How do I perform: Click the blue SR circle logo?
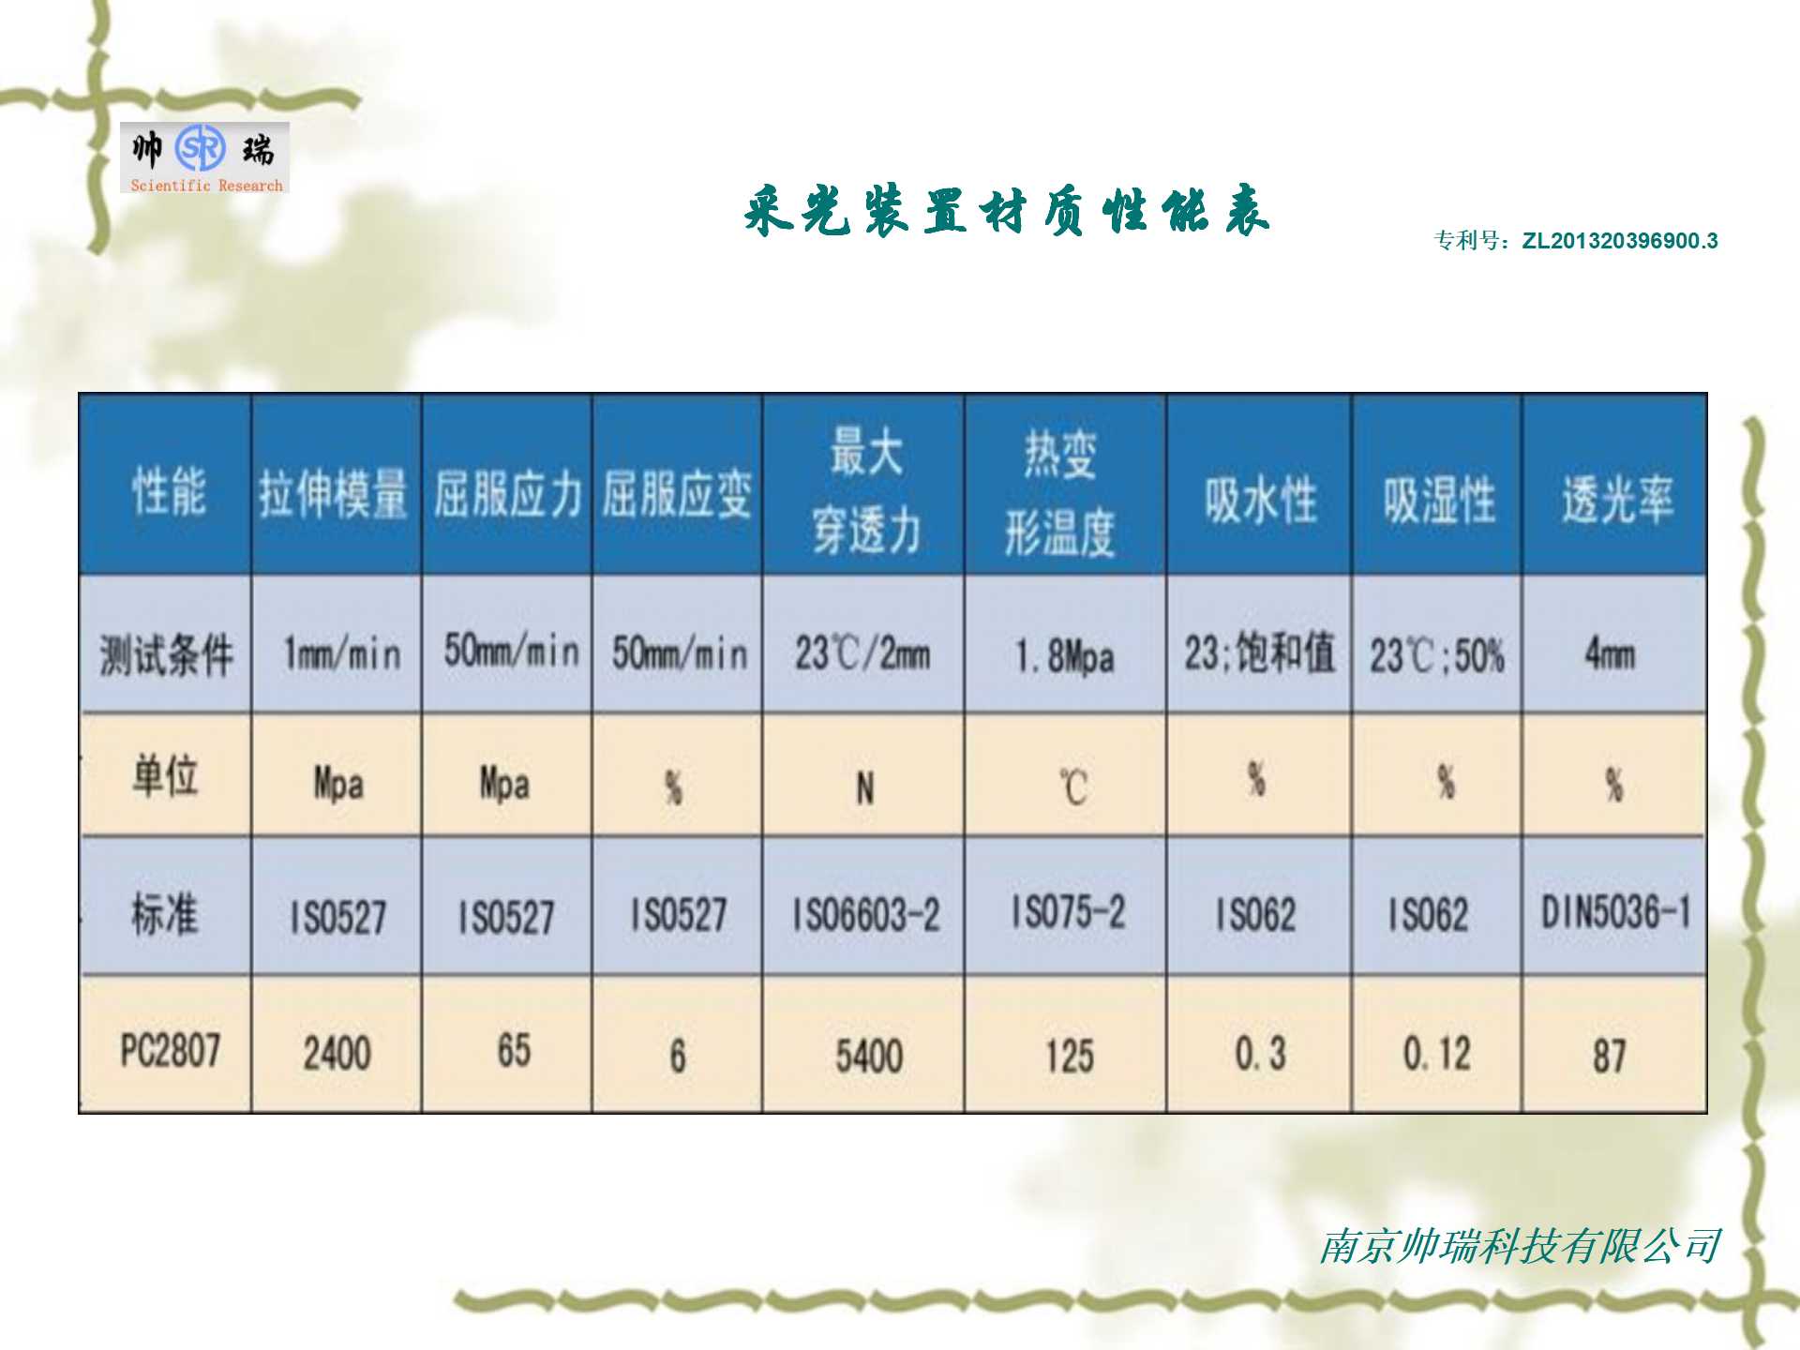pos(201,148)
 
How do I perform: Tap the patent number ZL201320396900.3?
pos(1620,241)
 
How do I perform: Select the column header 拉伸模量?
pos(334,494)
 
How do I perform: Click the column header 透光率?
pos(1617,499)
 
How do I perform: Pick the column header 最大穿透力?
pos(866,490)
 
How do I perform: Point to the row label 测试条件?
pos(166,653)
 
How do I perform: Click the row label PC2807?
pos(170,1050)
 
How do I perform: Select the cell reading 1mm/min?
pos(342,653)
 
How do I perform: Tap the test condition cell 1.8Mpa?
pos(1065,656)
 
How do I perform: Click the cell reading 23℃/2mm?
pos(862,652)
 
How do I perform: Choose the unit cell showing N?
pos(864,788)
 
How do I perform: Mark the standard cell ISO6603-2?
pos(866,914)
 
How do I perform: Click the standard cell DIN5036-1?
pos(1616,911)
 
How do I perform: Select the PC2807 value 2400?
pos(337,1053)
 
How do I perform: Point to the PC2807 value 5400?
pos(869,1056)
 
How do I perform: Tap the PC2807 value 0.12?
pos(1436,1054)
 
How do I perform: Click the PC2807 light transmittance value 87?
pos(1610,1056)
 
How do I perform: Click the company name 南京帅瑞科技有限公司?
pos(1520,1246)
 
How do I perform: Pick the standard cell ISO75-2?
pos(1068,911)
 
